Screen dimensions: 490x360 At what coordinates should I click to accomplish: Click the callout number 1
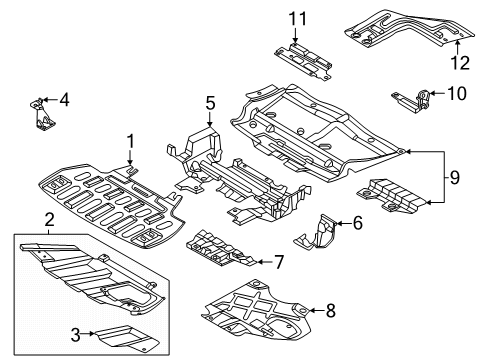[131, 141]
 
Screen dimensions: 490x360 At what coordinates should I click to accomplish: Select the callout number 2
[49, 220]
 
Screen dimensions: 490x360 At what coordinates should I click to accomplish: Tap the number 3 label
[76, 335]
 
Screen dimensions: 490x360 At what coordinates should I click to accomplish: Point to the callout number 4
[64, 99]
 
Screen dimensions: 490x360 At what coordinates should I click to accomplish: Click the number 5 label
[210, 103]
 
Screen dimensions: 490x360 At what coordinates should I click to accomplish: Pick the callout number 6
[357, 223]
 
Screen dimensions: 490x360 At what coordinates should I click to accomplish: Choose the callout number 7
[279, 262]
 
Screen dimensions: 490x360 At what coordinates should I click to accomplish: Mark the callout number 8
[330, 311]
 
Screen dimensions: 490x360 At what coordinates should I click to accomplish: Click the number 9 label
[455, 177]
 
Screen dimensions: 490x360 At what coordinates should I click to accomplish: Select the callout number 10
[457, 93]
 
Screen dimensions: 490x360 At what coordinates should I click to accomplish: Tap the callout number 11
[297, 19]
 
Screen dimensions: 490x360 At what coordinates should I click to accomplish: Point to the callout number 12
[460, 63]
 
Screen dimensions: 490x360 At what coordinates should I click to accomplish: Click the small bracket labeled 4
[41, 114]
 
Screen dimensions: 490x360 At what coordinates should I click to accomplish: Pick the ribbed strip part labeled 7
[221, 248]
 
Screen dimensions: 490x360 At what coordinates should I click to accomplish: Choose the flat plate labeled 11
[303, 62]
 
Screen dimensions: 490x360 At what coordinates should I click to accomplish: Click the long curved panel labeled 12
[409, 28]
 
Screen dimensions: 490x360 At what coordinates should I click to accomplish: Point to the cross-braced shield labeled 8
[257, 309]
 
